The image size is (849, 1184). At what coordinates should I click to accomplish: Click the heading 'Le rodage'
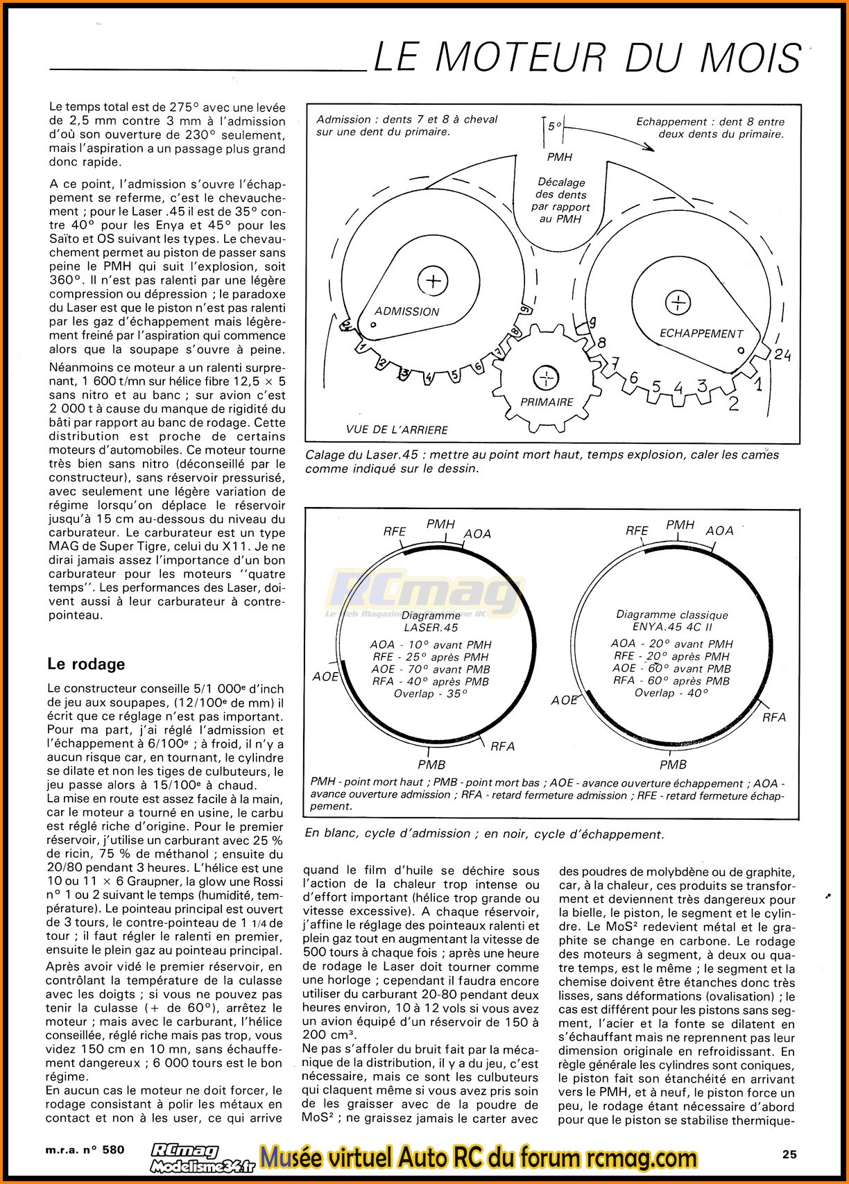tap(86, 664)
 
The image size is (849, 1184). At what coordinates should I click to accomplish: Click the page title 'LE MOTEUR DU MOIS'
tap(587, 57)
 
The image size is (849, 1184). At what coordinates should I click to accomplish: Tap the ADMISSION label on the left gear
tap(406, 311)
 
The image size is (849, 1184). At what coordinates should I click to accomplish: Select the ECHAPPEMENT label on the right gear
tap(701, 334)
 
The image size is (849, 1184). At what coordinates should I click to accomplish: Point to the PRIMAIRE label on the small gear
tap(547, 402)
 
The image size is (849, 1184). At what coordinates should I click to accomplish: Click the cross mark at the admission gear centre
tap(433, 281)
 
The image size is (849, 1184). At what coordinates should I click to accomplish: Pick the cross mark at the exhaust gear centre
tap(678, 302)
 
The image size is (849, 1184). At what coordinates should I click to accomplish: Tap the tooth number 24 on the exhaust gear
tap(782, 355)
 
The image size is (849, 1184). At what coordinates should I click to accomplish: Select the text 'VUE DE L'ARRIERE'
tap(397, 429)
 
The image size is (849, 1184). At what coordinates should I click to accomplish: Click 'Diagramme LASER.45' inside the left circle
tap(431, 621)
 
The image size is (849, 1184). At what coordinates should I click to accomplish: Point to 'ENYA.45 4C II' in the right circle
tap(671, 627)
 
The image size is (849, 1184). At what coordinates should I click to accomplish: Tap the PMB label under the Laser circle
tap(431, 764)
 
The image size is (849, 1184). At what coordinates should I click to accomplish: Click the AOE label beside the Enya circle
tap(565, 701)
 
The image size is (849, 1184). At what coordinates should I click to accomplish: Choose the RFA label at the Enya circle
tap(774, 717)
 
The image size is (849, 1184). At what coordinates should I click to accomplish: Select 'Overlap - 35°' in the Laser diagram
tap(430, 694)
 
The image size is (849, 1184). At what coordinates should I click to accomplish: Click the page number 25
tap(789, 1154)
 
